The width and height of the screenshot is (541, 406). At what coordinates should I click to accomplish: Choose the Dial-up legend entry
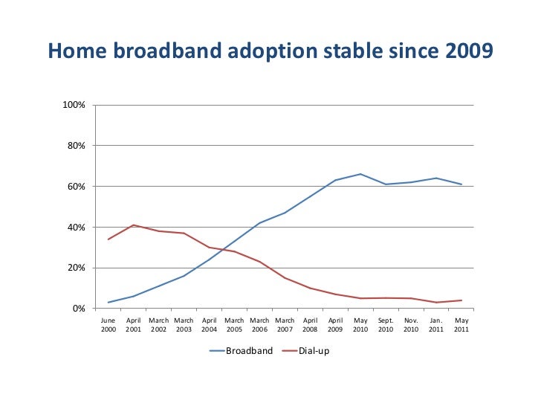(313, 351)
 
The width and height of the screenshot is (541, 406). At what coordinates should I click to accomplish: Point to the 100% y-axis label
(75, 105)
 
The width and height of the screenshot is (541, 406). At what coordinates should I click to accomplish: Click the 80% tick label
(77, 146)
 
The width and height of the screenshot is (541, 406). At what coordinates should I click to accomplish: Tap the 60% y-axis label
(77, 187)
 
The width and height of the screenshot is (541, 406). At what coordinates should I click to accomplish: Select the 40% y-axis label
(77, 228)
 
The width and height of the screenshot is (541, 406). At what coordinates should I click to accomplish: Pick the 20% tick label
(77, 268)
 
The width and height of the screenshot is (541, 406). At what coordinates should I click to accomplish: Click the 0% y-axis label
(80, 309)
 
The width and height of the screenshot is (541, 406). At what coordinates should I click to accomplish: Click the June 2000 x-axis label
(108, 325)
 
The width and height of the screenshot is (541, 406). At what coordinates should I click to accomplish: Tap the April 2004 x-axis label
(209, 325)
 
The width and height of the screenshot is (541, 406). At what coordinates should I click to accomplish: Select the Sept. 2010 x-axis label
(386, 325)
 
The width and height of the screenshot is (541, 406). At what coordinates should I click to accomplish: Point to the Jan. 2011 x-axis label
(436, 325)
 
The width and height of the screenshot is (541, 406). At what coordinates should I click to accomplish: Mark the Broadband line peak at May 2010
(360, 174)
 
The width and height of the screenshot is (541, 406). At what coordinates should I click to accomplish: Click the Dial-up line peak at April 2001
(134, 225)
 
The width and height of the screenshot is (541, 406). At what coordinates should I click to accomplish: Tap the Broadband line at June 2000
(108, 303)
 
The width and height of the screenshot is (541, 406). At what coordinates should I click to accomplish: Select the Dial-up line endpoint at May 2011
(461, 300)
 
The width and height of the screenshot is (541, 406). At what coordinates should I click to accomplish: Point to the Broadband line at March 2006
(259, 223)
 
